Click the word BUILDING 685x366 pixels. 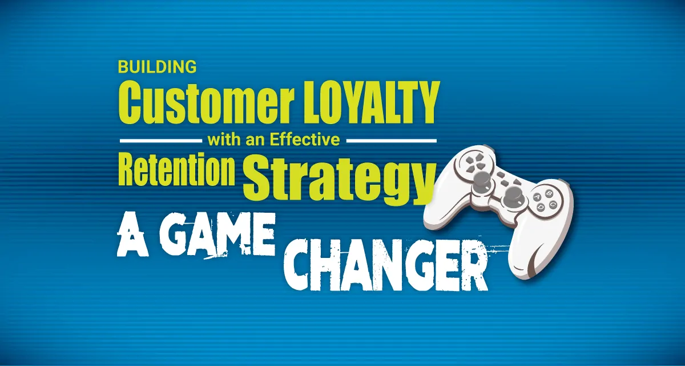(157, 67)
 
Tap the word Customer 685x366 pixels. (207, 102)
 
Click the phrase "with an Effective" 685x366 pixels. (273, 140)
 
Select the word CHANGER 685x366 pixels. (386, 265)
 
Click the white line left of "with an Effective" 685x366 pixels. (161, 141)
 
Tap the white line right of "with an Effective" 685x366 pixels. (392, 141)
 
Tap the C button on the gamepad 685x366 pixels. (553, 204)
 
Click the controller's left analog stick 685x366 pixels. (481, 181)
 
